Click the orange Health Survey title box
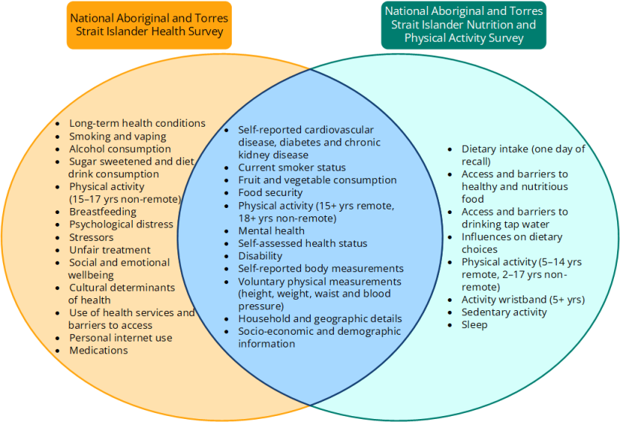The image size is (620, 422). pyautogui.click(x=149, y=25)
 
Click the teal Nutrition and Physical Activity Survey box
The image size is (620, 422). pyautogui.click(x=463, y=25)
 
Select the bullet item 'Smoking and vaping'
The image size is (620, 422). pyautogui.click(x=118, y=136)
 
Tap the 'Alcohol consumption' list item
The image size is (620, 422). pyautogui.click(x=120, y=149)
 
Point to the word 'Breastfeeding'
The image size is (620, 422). pyautogui.click(x=103, y=212)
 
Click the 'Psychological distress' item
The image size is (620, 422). pyautogui.click(x=121, y=224)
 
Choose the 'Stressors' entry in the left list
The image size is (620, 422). pyautogui.click(x=92, y=237)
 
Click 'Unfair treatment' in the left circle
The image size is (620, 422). pyautogui.click(x=110, y=250)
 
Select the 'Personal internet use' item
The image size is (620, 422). pyautogui.click(x=121, y=338)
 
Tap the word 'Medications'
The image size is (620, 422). pyautogui.click(x=98, y=350)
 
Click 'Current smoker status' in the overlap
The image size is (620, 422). pyautogui.click(x=292, y=168)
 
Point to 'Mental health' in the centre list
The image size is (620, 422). pyautogui.click(x=271, y=231)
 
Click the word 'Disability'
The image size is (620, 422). pyautogui.click(x=260, y=256)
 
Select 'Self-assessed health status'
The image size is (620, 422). pyautogui.click(x=303, y=244)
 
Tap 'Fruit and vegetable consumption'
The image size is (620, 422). pyautogui.click(x=317, y=180)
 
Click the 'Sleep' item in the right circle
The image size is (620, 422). pyautogui.click(x=474, y=324)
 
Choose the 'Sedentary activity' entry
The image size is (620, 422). pyautogui.click(x=504, y=312)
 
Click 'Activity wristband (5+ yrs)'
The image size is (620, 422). pyautogui.click(x=523, y=300)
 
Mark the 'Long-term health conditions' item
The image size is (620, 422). pyautogui.click(x=137, y=124)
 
